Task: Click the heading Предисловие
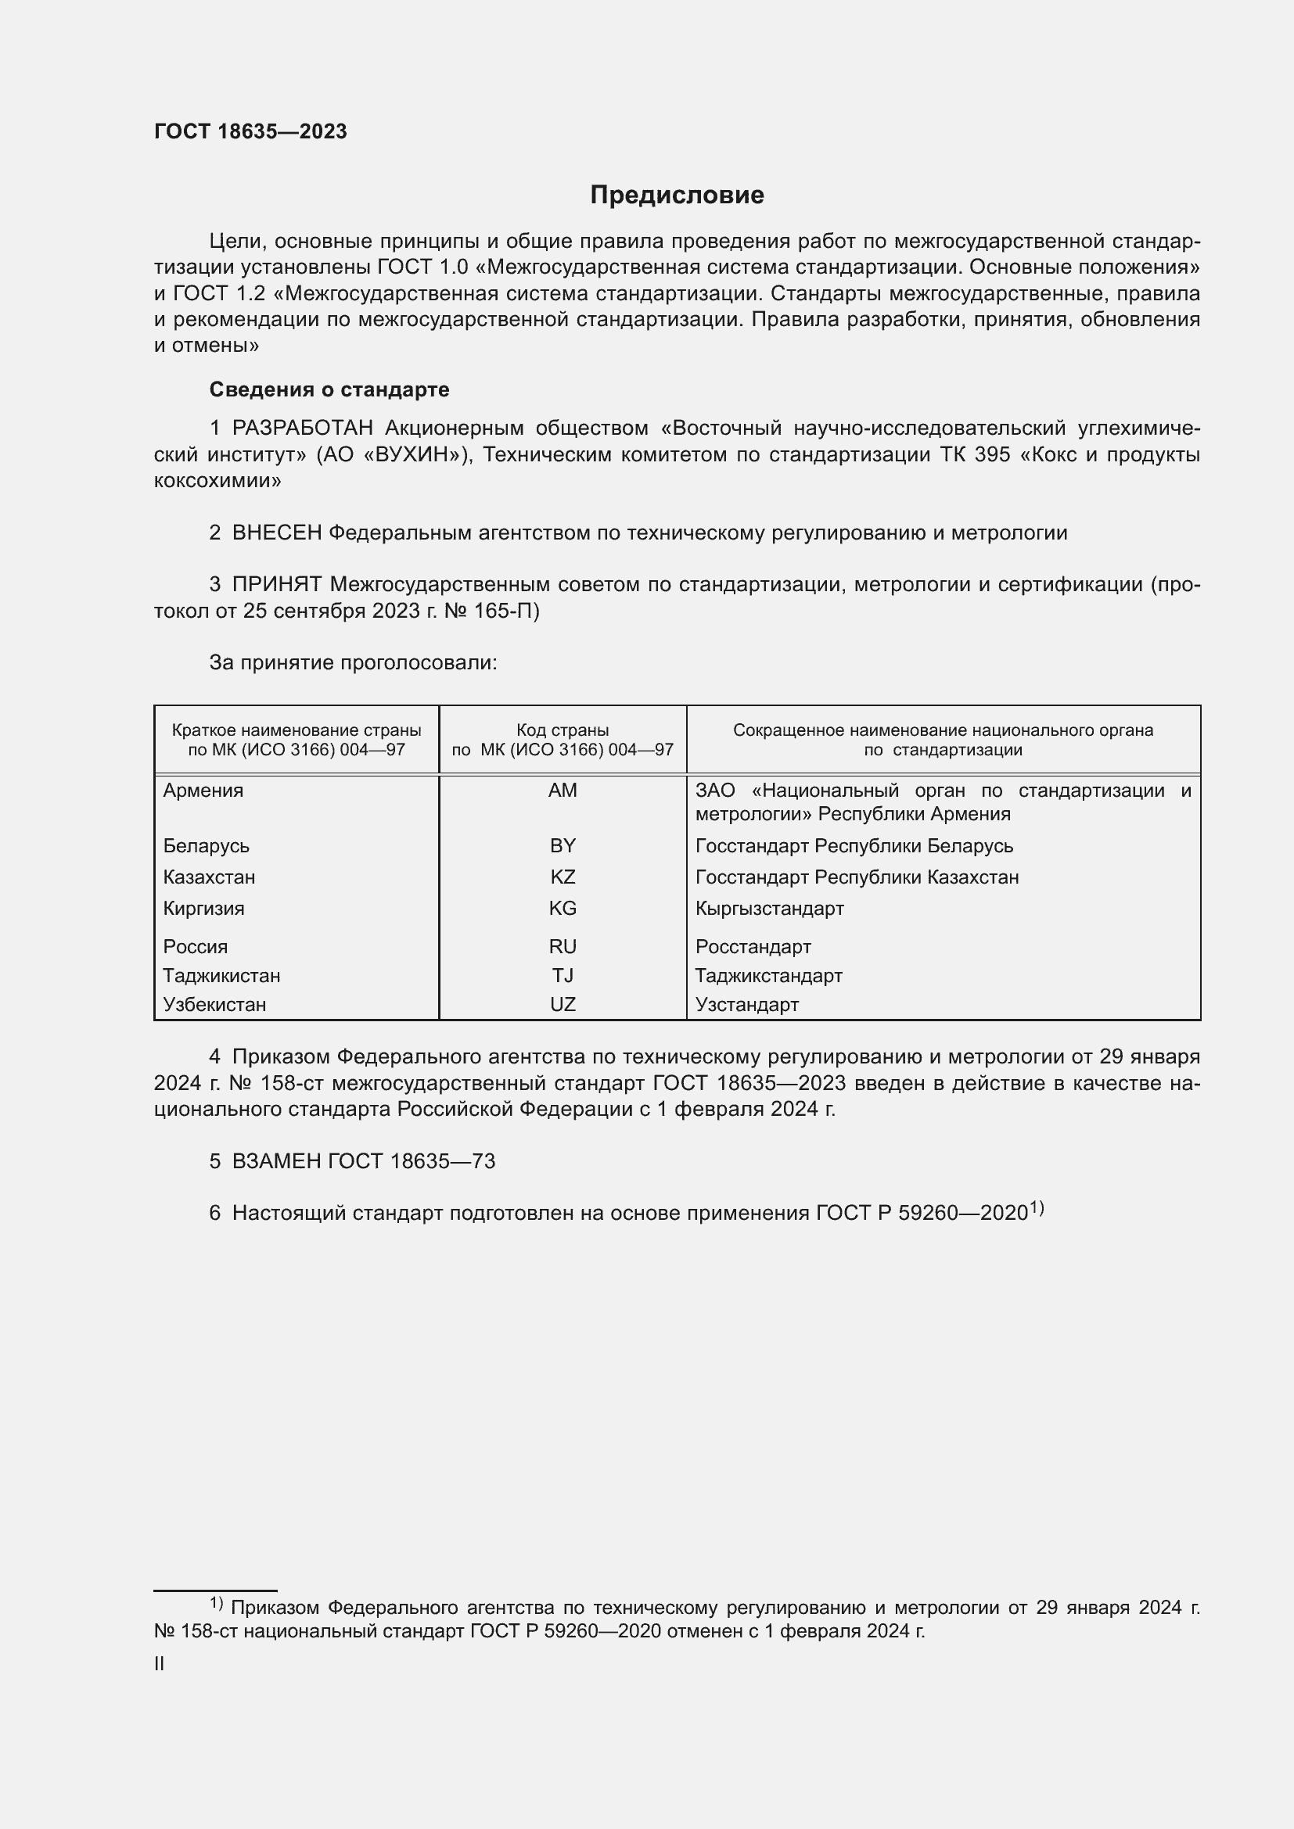click(x=677, y=195)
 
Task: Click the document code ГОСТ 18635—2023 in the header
click(x=250, y=132)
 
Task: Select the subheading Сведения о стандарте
click(x=329, y=389)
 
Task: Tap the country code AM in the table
click(x=563, y=791)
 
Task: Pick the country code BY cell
click(x=563, y=845)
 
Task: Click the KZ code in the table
click(x=563, y=877)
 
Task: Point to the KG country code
click(x=563, y=908)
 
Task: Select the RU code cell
click(x=563, y=946)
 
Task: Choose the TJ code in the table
click(x=563, y=975)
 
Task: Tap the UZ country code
click(x=563, y=1005)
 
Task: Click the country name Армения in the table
click(x=203, y=791)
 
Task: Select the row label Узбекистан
click(x=214, y=1005)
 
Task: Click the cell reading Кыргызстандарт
click(x=769, y=908)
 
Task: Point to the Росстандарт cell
click(x=753, y=946)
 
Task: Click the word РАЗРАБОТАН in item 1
click(x=303, y=429)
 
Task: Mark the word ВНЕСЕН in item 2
click(x=276, y=533)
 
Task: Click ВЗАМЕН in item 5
click(x=276, y=1161)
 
